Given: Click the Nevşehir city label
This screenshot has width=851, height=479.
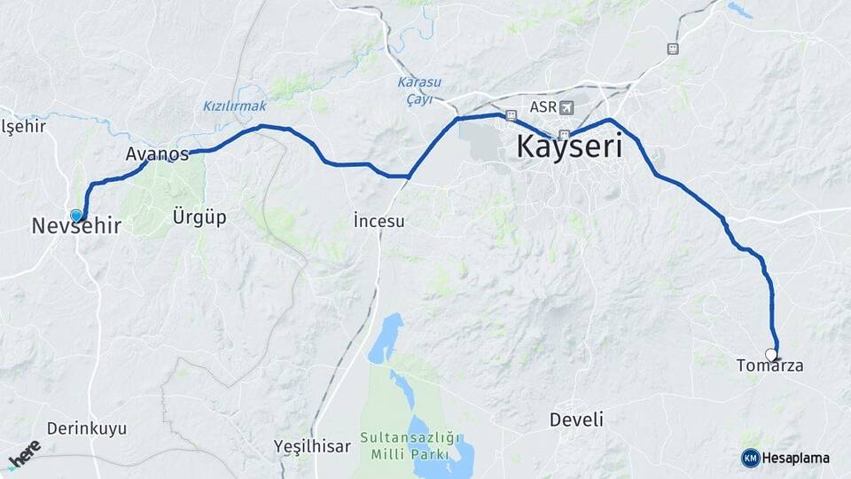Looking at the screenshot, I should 76,227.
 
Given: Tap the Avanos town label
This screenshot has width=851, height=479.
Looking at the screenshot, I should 157,154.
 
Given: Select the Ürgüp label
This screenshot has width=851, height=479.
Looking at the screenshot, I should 199,217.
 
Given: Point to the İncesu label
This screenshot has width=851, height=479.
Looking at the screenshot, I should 379,221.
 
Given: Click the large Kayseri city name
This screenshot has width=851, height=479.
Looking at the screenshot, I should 569,146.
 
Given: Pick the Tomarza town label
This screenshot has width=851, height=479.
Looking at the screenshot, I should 769,365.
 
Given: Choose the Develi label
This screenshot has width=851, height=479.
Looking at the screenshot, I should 576,419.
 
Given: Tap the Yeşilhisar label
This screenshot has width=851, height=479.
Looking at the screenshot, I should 312,446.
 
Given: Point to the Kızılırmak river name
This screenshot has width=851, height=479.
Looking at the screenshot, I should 235,106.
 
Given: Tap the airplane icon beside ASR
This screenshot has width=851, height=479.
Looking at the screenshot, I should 566,107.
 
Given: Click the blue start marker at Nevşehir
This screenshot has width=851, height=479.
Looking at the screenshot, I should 76,216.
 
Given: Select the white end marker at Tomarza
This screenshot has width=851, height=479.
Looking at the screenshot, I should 771,355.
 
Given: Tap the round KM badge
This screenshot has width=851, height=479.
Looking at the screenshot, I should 750,458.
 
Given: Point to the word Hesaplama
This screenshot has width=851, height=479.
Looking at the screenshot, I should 796,459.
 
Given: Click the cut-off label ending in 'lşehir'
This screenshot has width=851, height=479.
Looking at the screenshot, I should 24,126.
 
